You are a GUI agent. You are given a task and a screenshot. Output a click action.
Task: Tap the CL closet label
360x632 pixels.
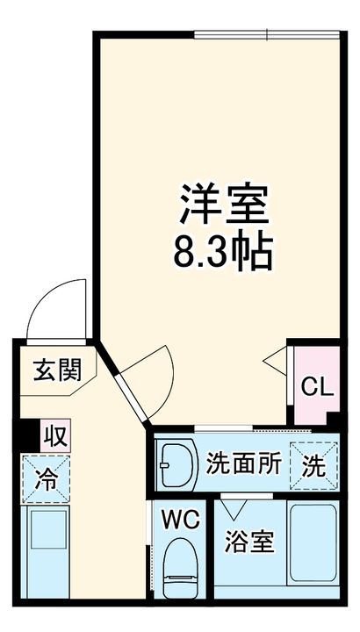point(315,386)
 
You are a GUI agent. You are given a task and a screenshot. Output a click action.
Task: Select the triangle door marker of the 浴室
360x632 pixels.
point(233,507)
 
